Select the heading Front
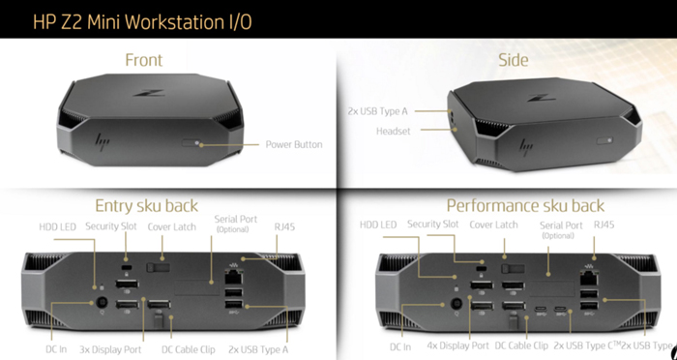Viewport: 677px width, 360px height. pos(143,60)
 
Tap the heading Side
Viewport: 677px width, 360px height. pos(513,60)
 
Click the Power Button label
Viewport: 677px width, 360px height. pos(294,145)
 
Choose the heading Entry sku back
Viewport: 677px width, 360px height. pos(147,205)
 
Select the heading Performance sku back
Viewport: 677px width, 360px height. pos(525,205)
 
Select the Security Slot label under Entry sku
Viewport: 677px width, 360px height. pos(113,225)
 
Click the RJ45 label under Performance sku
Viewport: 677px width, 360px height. pos(603,225)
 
